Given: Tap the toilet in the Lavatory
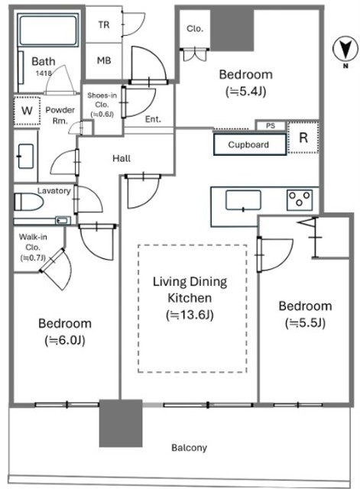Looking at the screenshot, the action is (x=28, y=202).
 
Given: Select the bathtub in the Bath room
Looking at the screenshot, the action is (x=48, y=30).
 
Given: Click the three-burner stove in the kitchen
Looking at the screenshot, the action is (x=300, y=199).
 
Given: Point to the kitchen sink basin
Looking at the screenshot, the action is (x=243, y=200).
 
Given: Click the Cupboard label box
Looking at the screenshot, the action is (x=250, y=144).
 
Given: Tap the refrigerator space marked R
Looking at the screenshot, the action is (x=303, y=138).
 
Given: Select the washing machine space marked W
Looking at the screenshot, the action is (x=28, y=110).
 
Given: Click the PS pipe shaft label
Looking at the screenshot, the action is (x=271, y=125).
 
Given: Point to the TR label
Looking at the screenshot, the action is (x=104, y=24).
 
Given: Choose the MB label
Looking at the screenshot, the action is (x=104, y=60).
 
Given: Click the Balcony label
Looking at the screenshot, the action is (x=189, y=448).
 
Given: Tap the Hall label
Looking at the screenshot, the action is (x=122, y=158).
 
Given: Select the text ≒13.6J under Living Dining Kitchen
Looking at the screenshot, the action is (x=190, y=315).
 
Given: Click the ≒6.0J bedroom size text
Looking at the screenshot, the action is (x=64, y=340).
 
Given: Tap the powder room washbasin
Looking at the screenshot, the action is (x=25, y=156).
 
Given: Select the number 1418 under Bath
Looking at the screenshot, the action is (x=44, y=73).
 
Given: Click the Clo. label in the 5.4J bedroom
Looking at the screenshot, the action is (x=195, y=29).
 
